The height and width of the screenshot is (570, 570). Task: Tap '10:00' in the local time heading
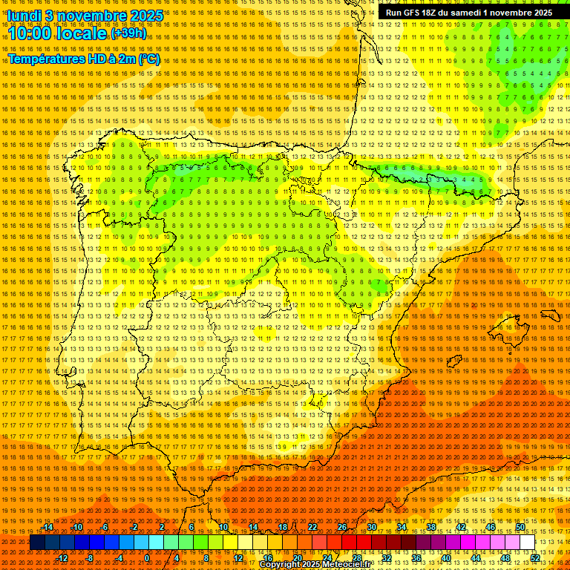(x=32, y=33)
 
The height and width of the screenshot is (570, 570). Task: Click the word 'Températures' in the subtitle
(x=45, y=59)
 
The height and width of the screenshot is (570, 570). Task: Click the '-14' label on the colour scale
(x=47, y=527)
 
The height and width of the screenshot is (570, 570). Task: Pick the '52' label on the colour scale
(x=535, y=558)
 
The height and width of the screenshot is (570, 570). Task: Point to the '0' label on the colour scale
(x=147, y=558)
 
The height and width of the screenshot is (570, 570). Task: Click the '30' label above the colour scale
(x=371, y=527)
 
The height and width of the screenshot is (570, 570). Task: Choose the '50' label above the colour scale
(x=520, y=527)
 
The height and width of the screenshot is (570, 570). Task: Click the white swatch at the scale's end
(x=528, y=543)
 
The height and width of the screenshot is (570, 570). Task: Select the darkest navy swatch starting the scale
(x=36, y=543)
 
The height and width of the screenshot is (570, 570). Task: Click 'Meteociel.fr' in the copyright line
(x=343, y=565)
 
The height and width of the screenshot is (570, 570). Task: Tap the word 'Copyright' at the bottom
(x=281, y=565)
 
